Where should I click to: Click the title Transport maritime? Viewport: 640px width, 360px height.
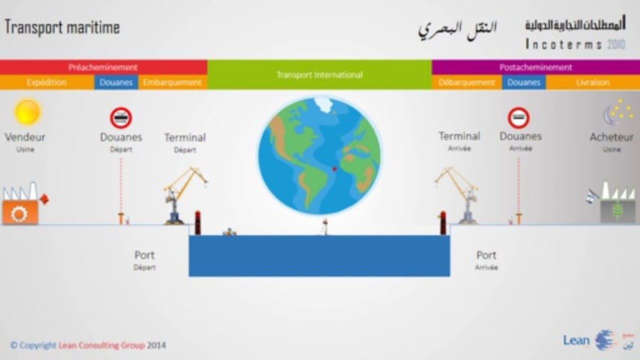[x=62, y=27]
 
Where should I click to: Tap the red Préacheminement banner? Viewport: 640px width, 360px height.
[x=103, y=67]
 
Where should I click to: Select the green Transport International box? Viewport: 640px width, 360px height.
[x=319, y=74]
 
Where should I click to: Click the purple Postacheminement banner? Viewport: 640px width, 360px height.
[x=535, y=67]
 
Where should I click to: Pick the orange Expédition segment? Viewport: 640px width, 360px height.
[x=47, y=82]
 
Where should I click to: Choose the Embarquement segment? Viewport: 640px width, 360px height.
[x=173, y=82]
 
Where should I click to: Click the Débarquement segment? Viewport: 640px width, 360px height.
[x=466, y=82]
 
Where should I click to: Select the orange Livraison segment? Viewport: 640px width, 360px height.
[x=592, y=82]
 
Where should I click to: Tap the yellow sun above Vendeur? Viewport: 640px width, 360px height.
[x=27, y=112]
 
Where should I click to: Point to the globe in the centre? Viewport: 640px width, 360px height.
[x=319, y=155]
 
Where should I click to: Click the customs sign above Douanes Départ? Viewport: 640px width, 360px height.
[x=121, y=118]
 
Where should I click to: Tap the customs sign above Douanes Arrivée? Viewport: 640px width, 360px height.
[x=518, y=118]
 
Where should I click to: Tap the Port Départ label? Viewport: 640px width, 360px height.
[x=144, y=260]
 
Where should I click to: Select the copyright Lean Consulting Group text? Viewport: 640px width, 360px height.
[x=88, y=345]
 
